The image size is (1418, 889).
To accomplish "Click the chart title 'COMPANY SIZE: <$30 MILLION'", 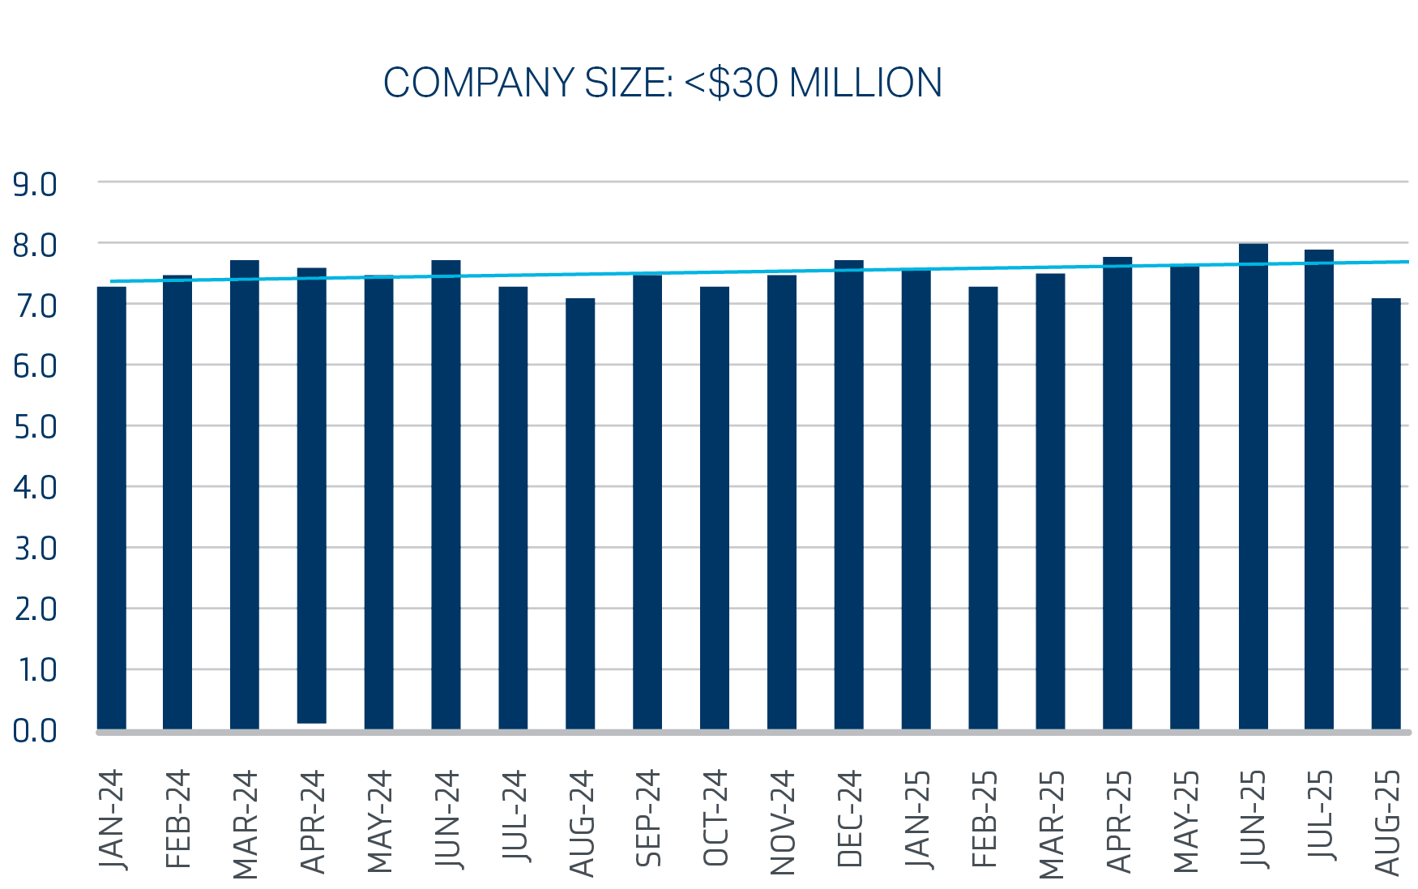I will [x=662, y=83].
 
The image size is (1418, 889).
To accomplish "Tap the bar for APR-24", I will [x=311, y=494].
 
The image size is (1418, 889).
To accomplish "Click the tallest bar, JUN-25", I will [x=1253, y=486].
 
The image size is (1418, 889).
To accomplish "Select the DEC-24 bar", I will [x=848, y=494].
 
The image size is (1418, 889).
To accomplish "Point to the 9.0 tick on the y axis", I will [x=35, y=185].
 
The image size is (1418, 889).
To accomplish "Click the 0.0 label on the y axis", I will [x=35, y=731].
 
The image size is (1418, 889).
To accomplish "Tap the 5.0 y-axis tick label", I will [x=35, y=427].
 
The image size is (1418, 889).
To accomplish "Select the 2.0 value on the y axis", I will [x=35, y=609].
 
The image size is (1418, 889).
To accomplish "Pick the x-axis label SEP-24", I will [x=648, y=818].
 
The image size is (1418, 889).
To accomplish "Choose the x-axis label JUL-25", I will [x=1320, y=816].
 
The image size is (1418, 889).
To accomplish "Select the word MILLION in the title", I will [x=865, y=83].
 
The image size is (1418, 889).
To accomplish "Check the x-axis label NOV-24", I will [x=783, y=823].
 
